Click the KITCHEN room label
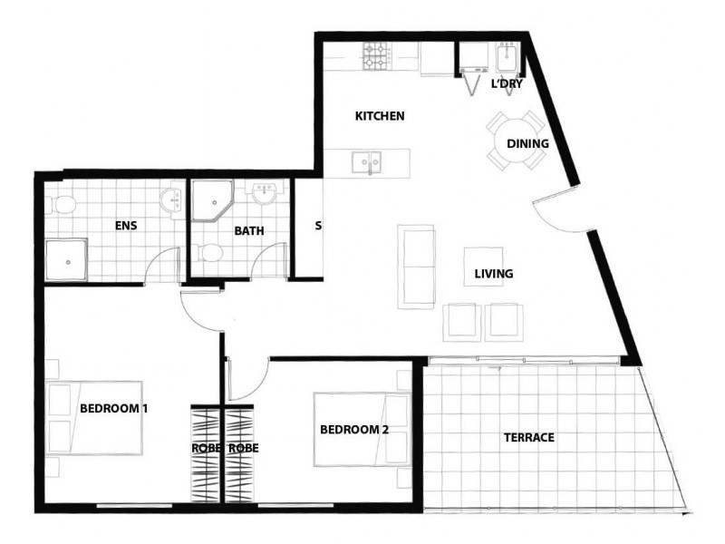click(379, 116)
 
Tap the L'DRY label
click(507, 84)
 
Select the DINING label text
click(527, 143)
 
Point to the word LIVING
click(494, 274)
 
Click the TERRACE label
click(528, 438)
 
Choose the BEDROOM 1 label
click(113, 408)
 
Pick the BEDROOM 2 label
click(354, 429)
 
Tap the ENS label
click(125, 225)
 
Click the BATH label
click(249, 230)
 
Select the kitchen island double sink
click(367, 163)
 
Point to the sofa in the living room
click(417, 266)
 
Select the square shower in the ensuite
click(66, 260)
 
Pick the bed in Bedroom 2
click(357, 429)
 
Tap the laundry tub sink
click(506, 60)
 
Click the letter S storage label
click(318, 225)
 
